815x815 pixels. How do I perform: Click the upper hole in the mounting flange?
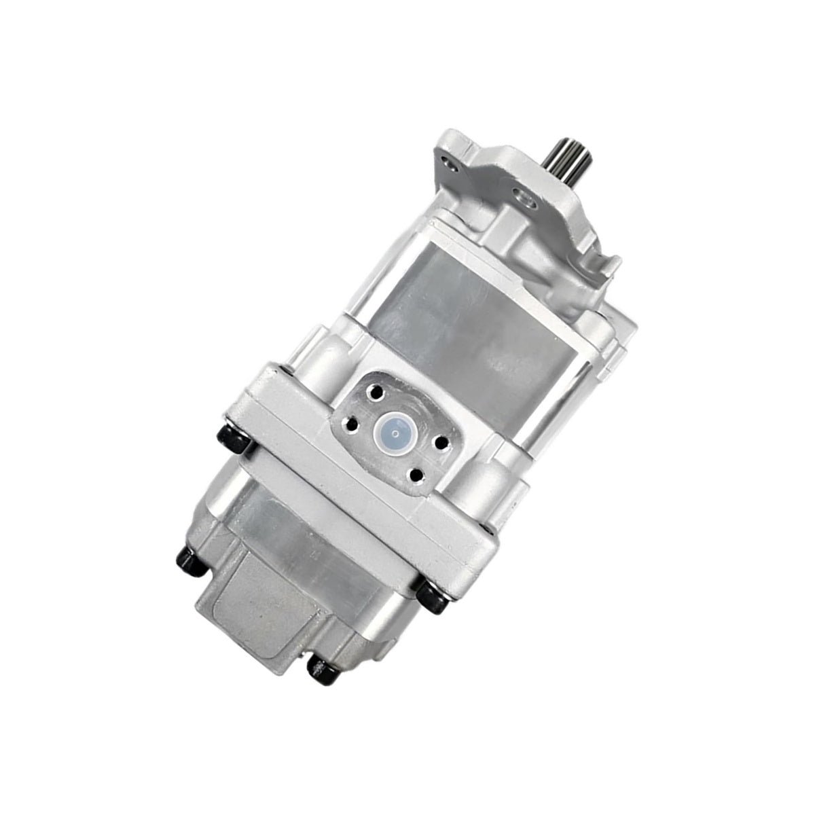446,164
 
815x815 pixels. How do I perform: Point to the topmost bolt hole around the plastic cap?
372,393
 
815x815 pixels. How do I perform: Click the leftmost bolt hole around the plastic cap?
350,424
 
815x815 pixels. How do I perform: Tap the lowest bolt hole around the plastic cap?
416,474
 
